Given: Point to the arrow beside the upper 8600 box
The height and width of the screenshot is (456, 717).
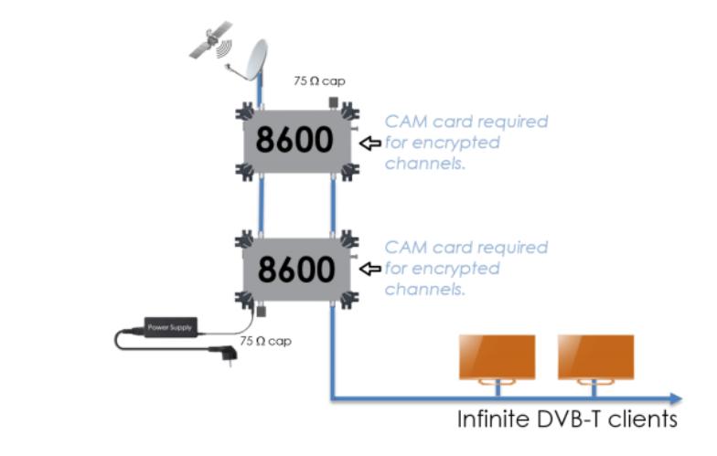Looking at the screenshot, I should (x=370, y=143).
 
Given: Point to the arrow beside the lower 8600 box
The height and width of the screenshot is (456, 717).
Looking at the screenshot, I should (x=370, y=269).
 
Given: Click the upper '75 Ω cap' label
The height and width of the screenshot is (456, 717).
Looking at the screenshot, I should (x=318, y=80).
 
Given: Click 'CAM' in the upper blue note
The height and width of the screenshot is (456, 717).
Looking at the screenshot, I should (x=406, y=122).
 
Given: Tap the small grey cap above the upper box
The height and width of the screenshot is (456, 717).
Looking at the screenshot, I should (x=333, y=101).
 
